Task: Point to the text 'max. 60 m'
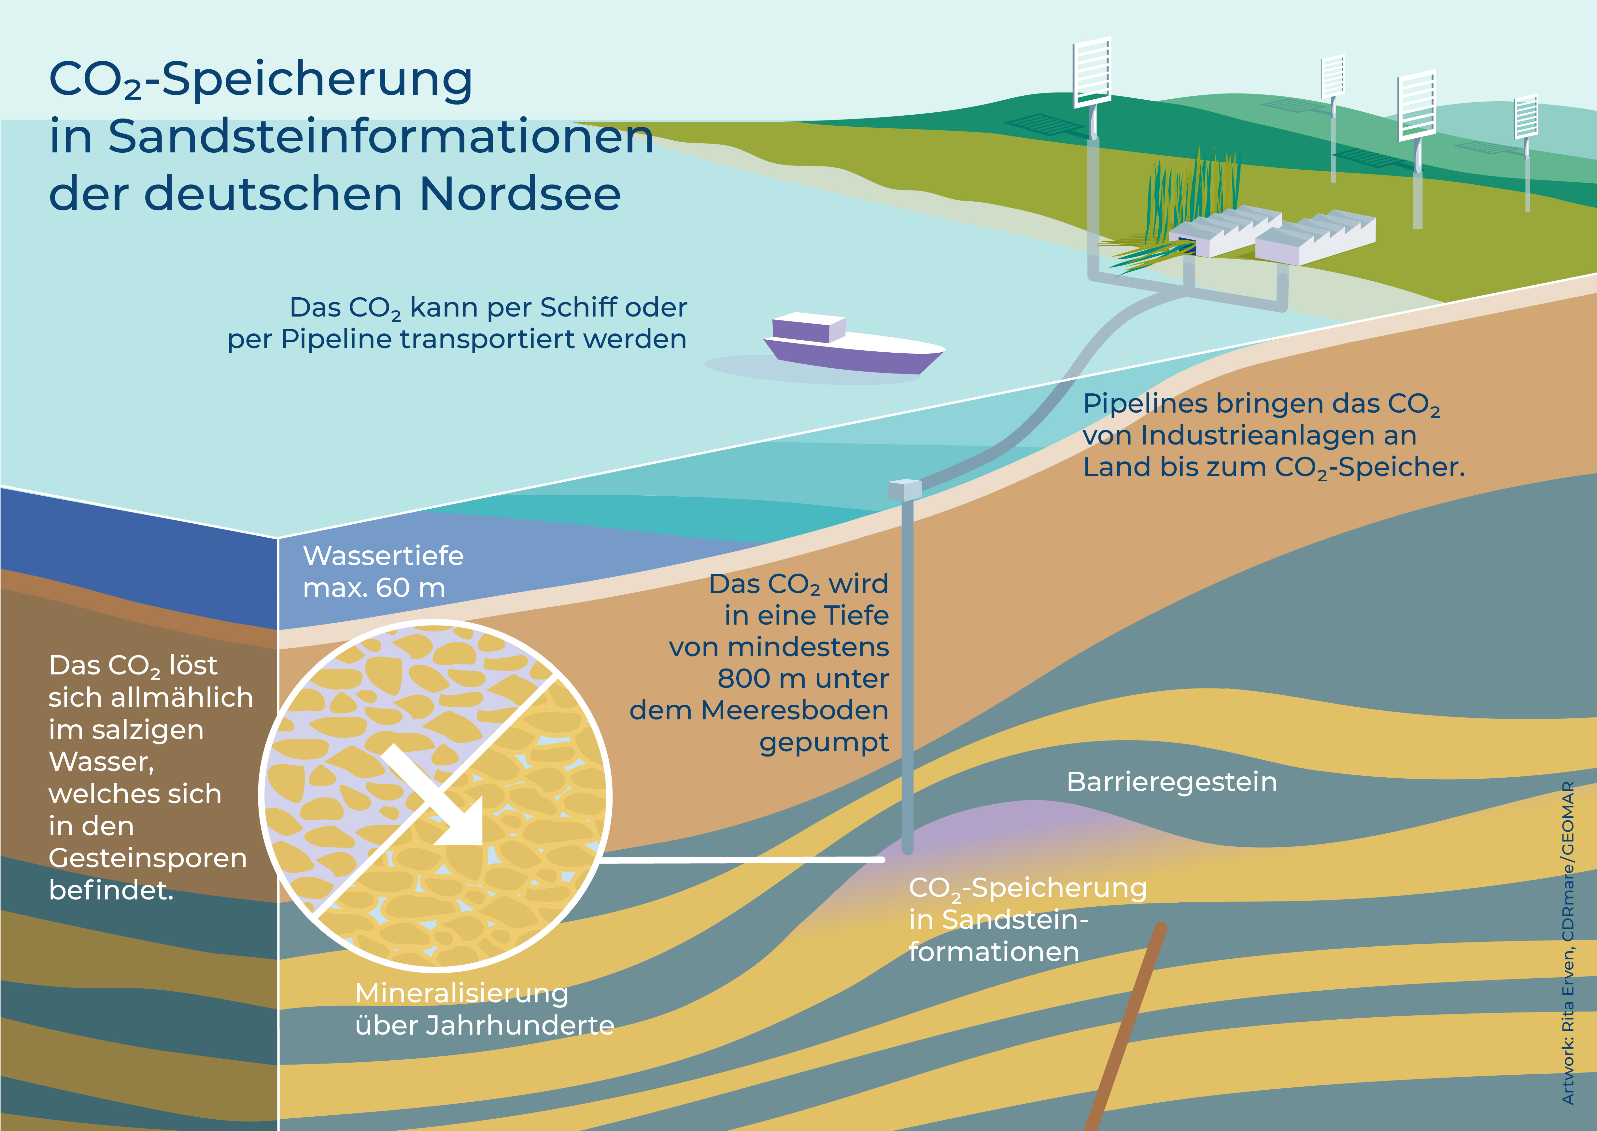click(374, 588)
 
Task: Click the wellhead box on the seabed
click(905, 489)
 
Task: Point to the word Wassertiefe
click(383, 556)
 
